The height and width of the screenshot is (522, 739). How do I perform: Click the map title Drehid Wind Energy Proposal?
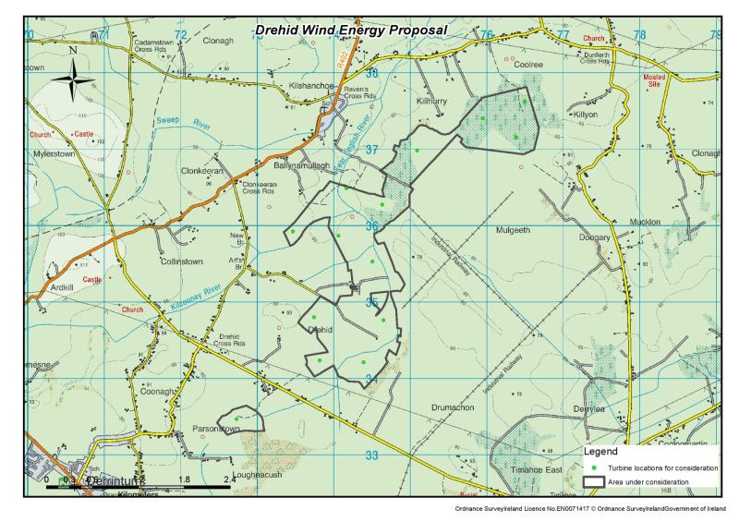click(350, 30)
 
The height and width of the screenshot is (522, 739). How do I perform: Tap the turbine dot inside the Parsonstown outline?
click(237, 419)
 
